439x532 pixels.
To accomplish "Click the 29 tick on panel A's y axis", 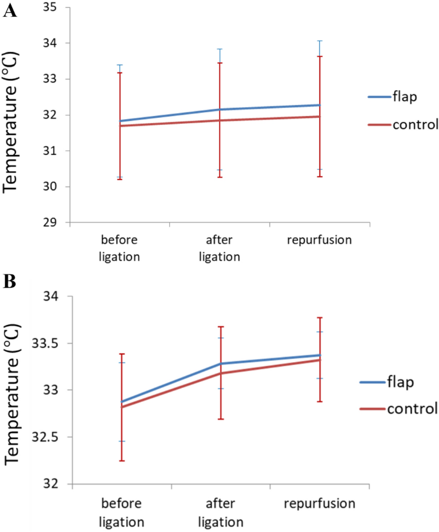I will (x=50, y=222).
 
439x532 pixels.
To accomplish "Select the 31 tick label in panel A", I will (x=50, y=151).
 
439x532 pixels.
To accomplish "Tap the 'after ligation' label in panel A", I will (x=220, y=249).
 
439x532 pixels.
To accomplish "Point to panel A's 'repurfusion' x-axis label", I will (x=319, y=240).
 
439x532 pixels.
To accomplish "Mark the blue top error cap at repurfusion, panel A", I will (x=319, y=41).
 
